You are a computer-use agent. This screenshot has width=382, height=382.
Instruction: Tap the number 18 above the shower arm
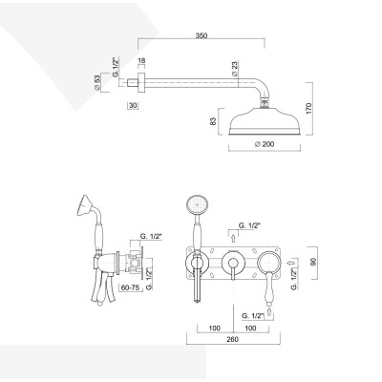(x=140, y=61)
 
